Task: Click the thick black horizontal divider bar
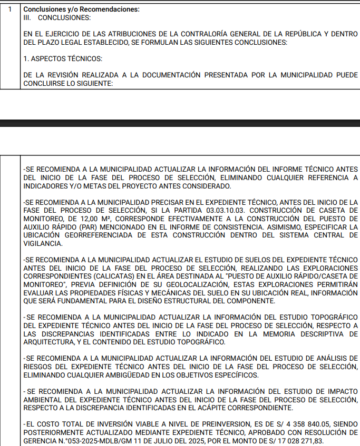pos(180,123)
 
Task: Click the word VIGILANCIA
pos(43,244)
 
